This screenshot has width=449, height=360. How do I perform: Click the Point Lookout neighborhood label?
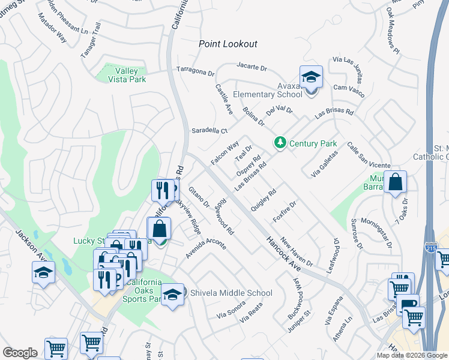[x=228, y=44]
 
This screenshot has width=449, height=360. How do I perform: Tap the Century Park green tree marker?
[x=279, y=143]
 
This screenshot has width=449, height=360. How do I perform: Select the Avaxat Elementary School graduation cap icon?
[x=311, y=77]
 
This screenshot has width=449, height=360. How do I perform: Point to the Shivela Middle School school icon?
[x=172, y=294]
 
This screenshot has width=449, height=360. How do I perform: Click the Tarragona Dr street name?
[x=195, y=70]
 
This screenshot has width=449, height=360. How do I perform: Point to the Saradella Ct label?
[x=209, y=130]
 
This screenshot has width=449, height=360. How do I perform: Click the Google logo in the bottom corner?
[x=20, y=352]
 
